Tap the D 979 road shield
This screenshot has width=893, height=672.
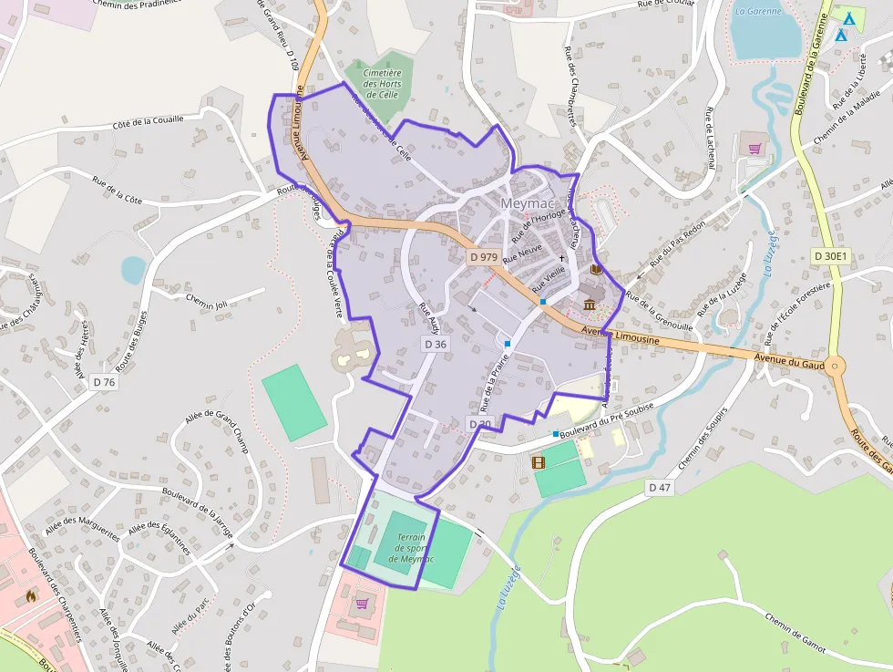click(484, 257)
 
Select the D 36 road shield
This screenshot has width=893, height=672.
click(435, 344)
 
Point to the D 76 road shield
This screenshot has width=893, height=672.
click(105, 383)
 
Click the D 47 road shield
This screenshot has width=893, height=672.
click(660, 488)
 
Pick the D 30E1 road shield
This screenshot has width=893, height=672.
click(830, 257)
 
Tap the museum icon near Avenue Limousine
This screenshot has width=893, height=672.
click(590, 304)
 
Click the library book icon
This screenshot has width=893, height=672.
click(597, 270)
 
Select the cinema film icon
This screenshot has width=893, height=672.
click(538, 463)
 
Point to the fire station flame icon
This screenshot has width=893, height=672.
click(31, 596)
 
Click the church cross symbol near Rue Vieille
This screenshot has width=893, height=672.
click(561, 259)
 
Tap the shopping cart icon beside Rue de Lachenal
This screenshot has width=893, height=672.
click(754, 149)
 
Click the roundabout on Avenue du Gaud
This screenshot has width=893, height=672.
click(835, 367)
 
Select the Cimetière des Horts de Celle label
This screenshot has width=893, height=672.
click(382, 83)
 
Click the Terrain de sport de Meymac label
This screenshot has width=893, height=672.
click(409, 548)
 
